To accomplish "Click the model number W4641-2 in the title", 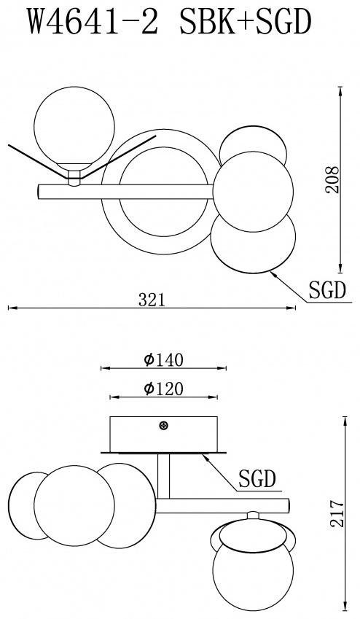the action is [93, 23].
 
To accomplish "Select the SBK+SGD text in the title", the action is [243, 23].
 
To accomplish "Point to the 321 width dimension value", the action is [151, 300].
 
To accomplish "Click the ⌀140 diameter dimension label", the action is [164, 360].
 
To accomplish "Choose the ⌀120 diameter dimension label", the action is [164, 389].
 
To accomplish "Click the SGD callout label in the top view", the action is [327, 291].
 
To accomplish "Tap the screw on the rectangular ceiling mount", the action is [163, 426].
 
